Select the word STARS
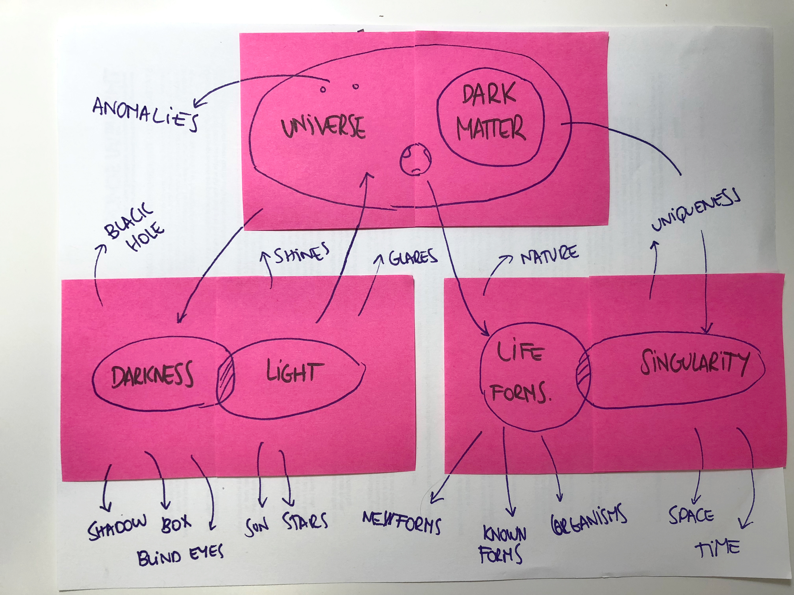pyautogui.click(x=305, y=522)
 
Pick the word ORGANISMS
pyautogui.click(x=589, y=518)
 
